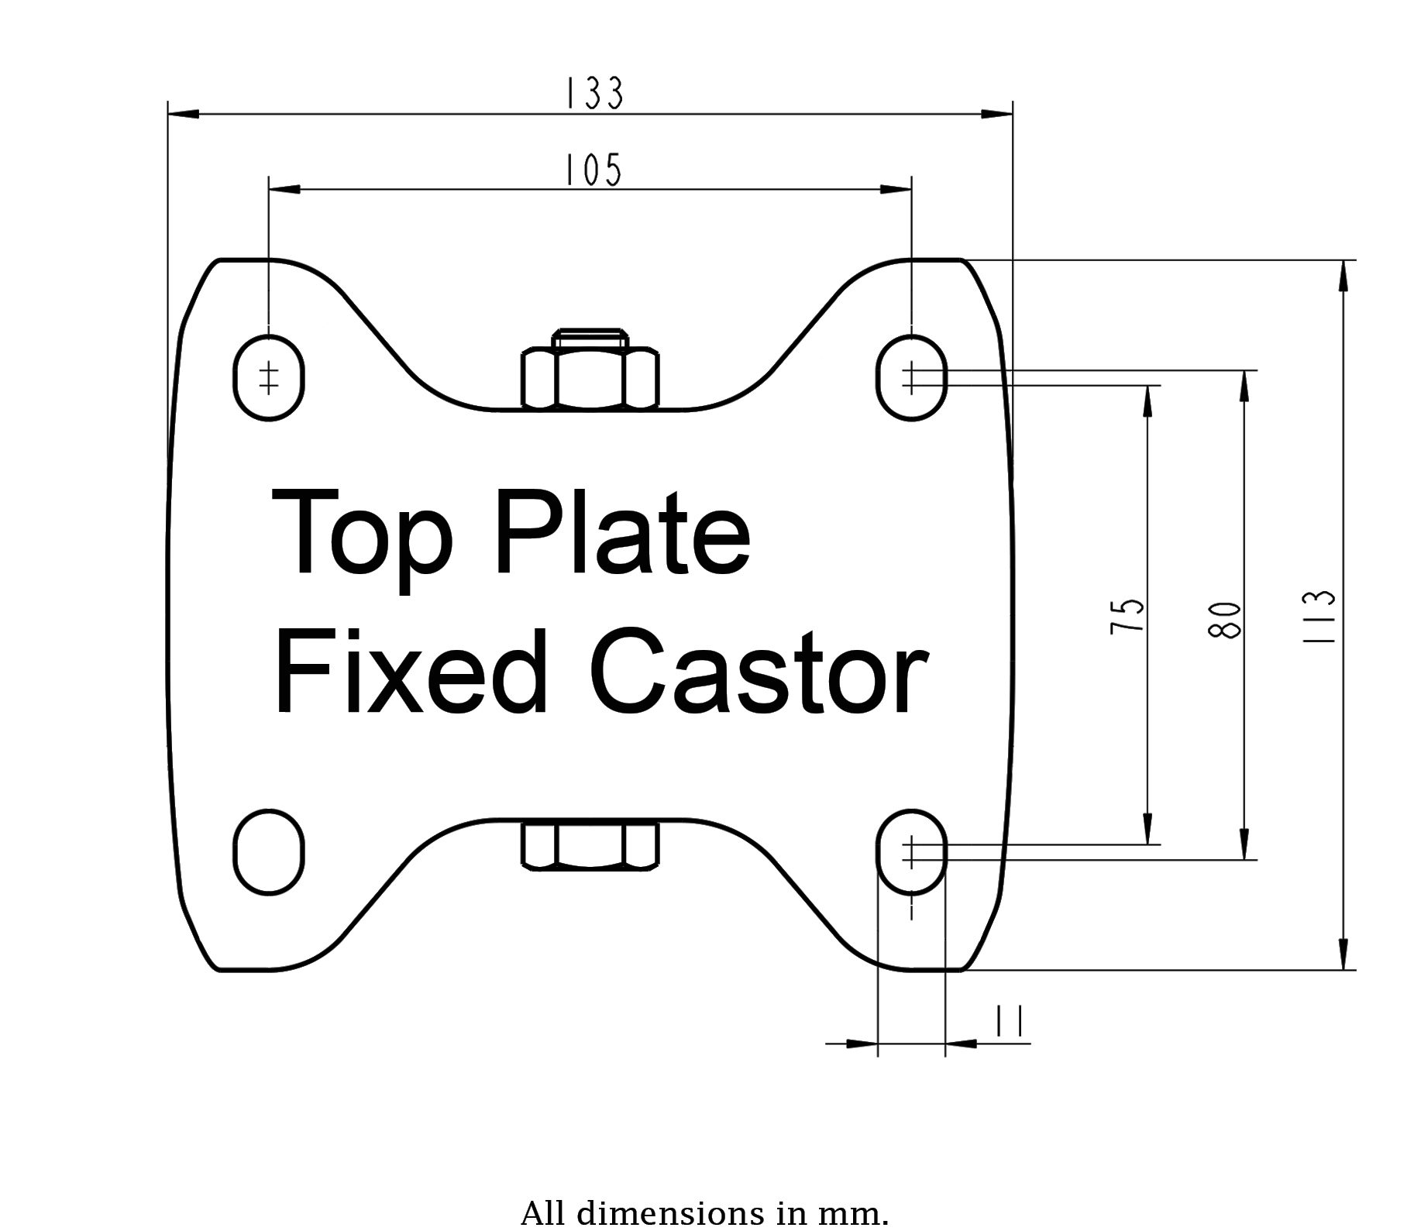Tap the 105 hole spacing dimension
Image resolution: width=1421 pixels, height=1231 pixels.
(x=593, y=170)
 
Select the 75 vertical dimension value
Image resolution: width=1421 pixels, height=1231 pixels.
(x=1128, y=615)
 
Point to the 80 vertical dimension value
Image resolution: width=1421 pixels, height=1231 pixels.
(x=1225, y=620)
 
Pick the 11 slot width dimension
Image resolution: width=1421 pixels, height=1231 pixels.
(x=1010, y=1021)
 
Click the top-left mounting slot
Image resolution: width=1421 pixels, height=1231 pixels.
(x=269, y=378)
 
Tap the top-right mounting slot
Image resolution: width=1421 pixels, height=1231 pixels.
(x=912, y=378)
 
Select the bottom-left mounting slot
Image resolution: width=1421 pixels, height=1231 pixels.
(x=269, y=852)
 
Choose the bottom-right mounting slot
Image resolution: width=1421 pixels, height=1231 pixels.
(x=912, y=852)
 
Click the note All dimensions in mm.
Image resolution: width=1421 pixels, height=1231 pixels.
(x=704, y=1213)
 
